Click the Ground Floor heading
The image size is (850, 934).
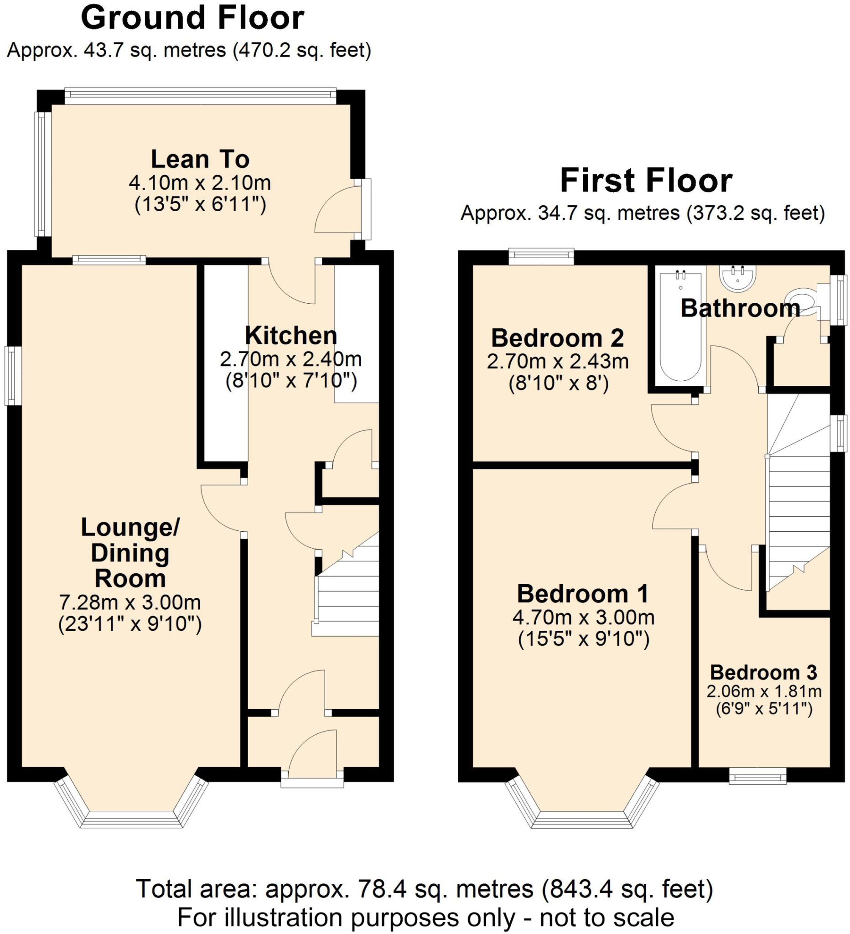click(x=192, y=19)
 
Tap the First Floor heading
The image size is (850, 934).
click(x=646, y=181)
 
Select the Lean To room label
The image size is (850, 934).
click(x=200, y=159)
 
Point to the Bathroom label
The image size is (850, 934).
click(x=740, y=308)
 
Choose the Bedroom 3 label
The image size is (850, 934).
click(x=763, y=672)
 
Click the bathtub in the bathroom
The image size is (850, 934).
click(x=680, y=327)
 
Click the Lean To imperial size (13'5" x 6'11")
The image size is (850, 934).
click(x=200, y=204)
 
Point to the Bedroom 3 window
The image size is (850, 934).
click(x=758, y=776)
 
